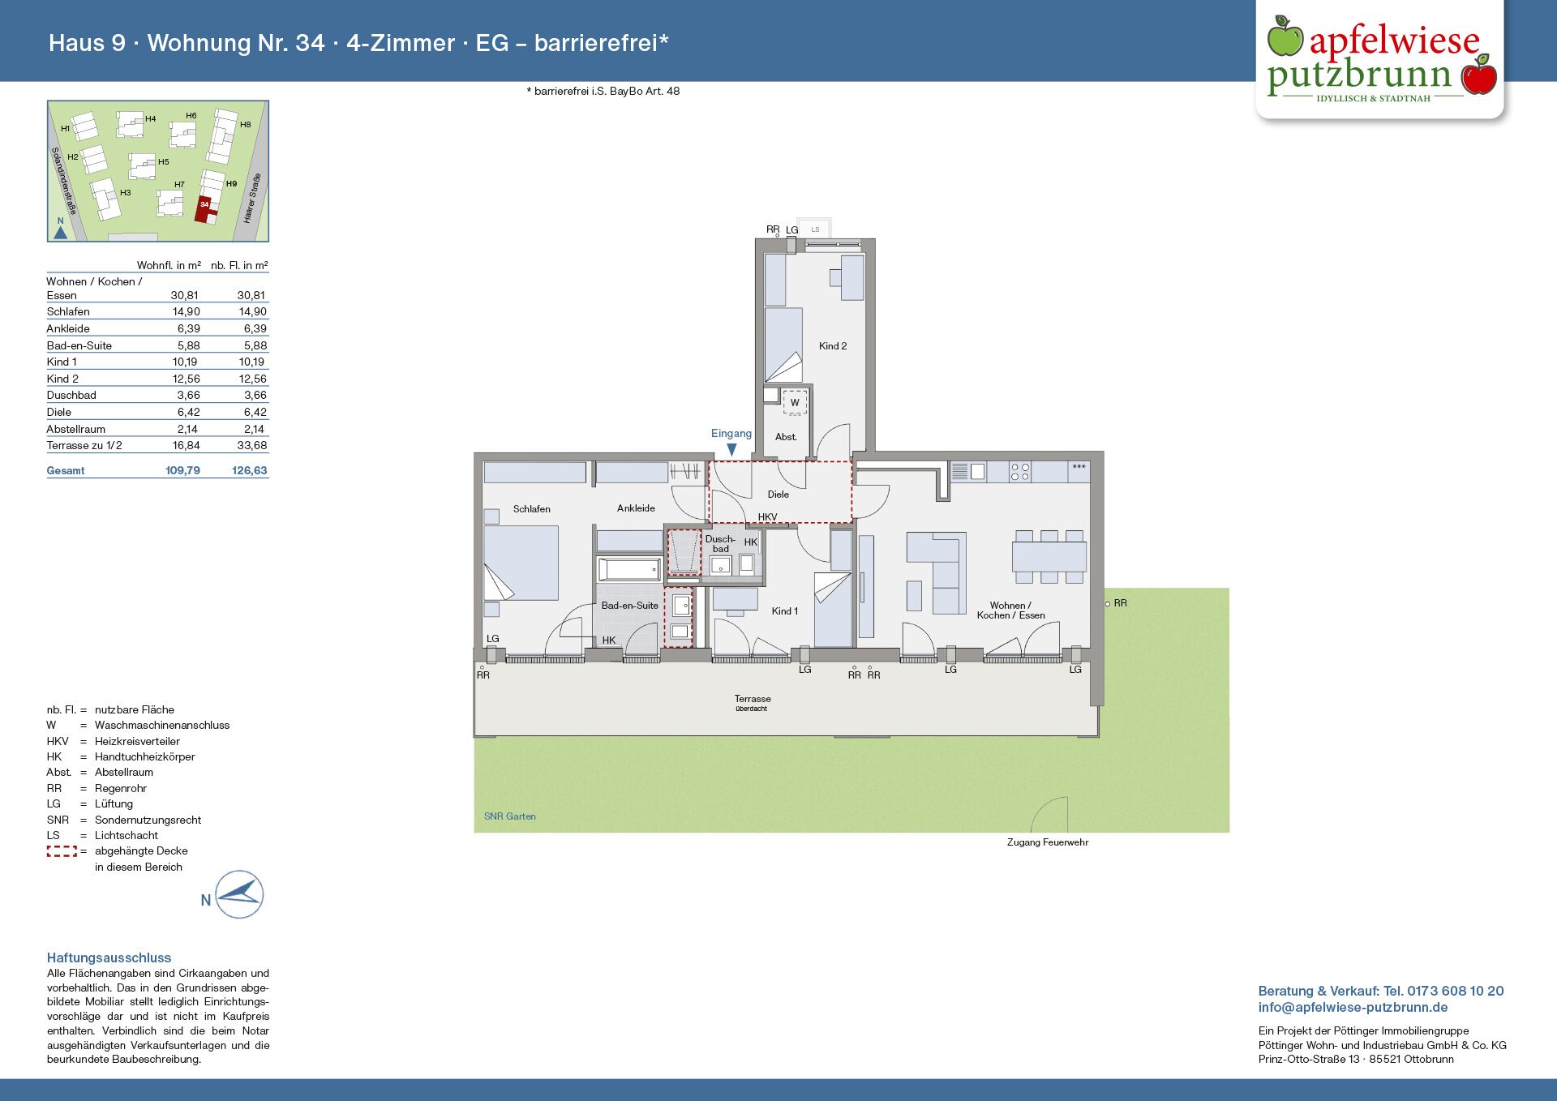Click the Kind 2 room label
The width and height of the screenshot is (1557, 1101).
[x=833, y=346]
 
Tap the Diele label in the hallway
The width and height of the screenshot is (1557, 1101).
[x=778, y=495]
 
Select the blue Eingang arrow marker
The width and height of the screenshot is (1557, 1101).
[x=731, y=449]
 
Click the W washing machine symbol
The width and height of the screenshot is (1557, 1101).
[x=795, y=403]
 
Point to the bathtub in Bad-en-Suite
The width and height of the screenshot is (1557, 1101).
[x=629, y=569]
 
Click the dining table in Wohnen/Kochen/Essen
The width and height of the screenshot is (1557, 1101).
[x=1049, y=557]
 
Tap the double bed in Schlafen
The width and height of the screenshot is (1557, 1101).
[x=521, y=563]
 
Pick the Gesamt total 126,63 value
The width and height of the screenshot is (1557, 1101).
[x=250, y=470]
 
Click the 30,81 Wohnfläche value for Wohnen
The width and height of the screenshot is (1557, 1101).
[x=184, y=295]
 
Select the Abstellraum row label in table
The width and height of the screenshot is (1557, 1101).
[x=76, y=429]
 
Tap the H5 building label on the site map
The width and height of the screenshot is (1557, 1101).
[x=164, y=162]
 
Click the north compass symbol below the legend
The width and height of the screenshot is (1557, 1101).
[x=239, y=895]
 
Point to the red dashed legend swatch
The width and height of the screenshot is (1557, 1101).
[x=62, y=851]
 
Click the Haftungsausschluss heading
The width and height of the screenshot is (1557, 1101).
[x=109, y=957]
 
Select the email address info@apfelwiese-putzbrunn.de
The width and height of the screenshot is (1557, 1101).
[x=1353, y=1008]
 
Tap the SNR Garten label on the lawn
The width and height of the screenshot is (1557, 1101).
[x=510, y=816]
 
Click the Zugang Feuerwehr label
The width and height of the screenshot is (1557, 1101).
[x=1048, y=842]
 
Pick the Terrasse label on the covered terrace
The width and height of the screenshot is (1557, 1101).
[x=753, y=699]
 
